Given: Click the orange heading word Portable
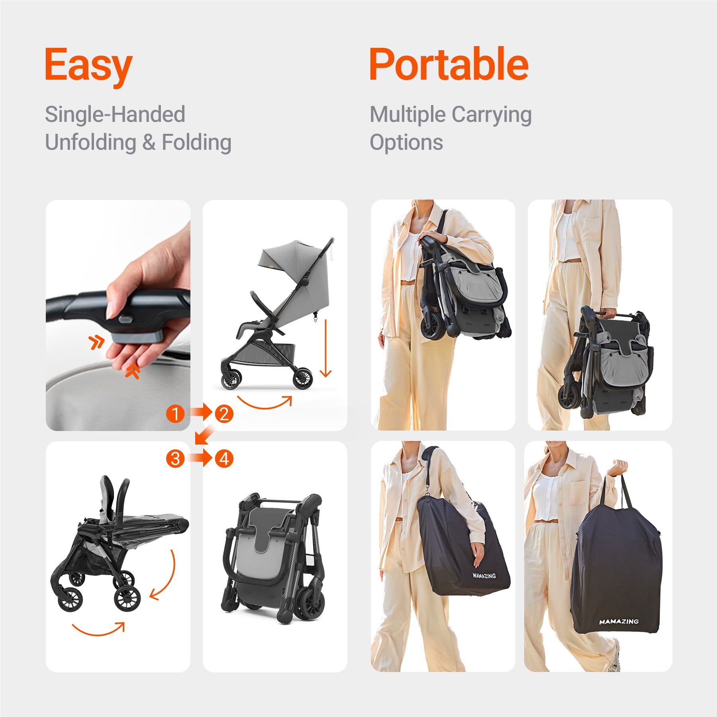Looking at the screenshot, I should [x=449, y=64].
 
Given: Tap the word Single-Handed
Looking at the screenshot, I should [x=115, y=114].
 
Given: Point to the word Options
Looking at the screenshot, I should [x=406, y=142].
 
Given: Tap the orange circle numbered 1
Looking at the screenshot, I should [x=175, y=413].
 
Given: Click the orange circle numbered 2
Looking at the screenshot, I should [x=224, y=413].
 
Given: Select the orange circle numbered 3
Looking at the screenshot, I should [x=175, y=458].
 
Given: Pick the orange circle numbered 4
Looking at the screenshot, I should [x=224, y=458].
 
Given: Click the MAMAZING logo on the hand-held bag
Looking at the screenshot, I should [x=618, y=621].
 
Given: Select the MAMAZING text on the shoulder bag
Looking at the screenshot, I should [x=484, y=576].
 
